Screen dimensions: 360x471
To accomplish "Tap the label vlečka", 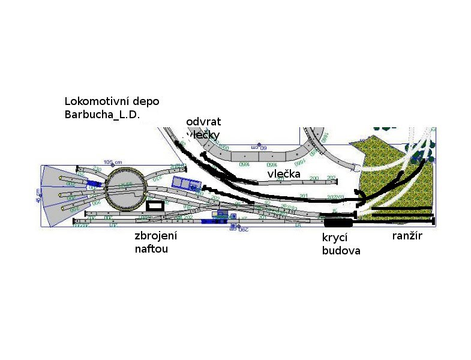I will point(284,174).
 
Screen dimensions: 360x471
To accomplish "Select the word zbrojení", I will point(156,236).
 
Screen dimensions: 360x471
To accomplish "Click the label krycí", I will point(335,238).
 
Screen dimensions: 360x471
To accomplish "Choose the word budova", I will point(341,251).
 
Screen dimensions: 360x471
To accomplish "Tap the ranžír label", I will point(407,236).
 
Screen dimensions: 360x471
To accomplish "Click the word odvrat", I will point(204,122).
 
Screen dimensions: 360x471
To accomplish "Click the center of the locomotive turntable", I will point(125,190).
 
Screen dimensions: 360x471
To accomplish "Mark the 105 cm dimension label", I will point(113,163).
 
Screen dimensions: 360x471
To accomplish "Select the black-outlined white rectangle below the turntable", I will point(155,205).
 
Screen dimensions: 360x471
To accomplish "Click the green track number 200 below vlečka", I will point(314,178).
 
